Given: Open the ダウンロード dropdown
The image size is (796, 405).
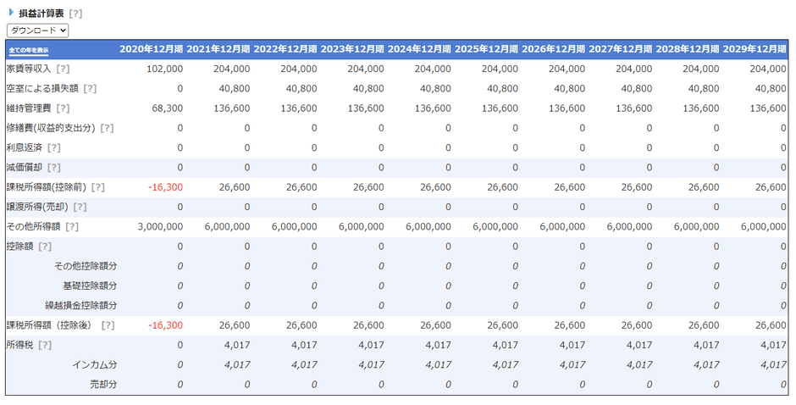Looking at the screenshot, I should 37,31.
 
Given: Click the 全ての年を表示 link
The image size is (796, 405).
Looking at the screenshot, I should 35,50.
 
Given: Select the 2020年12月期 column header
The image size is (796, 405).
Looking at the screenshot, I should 151,49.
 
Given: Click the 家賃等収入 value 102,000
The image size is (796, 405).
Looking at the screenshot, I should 164,69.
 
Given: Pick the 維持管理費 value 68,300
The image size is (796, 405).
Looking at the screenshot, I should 167,108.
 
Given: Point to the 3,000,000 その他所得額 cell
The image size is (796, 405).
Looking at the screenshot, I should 159,226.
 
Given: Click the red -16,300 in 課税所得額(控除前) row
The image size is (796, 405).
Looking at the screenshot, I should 165,187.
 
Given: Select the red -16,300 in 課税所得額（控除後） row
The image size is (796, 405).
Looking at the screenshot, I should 165,325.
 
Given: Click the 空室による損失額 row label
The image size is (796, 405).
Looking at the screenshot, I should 41,88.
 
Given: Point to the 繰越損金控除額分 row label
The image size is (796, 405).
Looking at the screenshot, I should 81,305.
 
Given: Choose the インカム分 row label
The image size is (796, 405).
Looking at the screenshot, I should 94,364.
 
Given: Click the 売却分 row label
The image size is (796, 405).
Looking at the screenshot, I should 103,384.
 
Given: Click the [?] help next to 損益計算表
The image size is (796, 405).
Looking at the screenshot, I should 75,14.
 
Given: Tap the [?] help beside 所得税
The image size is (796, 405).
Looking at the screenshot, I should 45,345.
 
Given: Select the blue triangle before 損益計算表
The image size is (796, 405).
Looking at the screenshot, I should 11,13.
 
